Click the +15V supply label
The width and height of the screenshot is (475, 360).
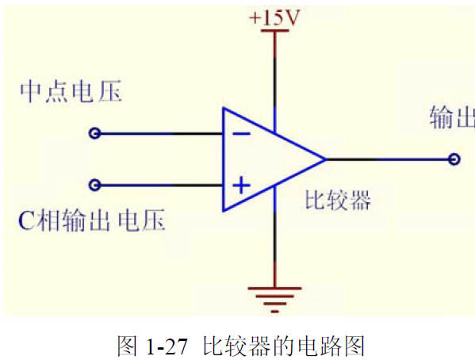coord(274,17)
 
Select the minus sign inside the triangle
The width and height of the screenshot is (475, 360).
coord(241,134)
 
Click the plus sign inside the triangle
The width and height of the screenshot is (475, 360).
coord(241,185)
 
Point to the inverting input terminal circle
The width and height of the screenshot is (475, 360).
coord(95,133)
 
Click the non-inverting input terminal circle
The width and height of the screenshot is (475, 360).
coord(95,185)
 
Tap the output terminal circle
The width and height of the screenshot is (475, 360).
coord(454,159)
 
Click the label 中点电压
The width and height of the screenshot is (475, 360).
coord(71,91)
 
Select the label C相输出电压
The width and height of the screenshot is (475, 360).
coord(92,220)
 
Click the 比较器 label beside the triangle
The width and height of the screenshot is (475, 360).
coord(338,200)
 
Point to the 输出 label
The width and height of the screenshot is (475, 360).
coord(452,117)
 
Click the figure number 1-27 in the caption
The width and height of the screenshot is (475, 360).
coord(167,347)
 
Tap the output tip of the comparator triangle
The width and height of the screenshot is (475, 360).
coord(326,159)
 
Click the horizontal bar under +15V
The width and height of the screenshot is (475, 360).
coord(274,31)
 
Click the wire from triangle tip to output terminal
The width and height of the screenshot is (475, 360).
coord(388,159)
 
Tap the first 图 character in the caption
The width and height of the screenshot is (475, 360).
coord(128,346)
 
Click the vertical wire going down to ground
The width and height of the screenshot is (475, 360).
coord(274,237)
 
